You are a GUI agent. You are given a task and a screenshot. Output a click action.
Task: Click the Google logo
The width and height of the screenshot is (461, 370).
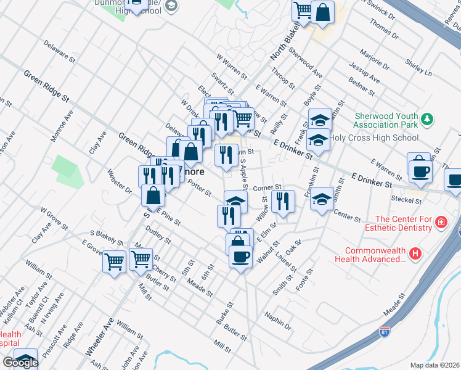[20, 362]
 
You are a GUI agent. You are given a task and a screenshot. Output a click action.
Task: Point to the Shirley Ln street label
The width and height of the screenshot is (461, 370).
[418, 67]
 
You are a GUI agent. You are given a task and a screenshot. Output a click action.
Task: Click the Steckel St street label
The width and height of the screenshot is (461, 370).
[405, 200]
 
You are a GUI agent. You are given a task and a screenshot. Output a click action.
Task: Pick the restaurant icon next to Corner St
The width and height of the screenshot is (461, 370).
[283, 200]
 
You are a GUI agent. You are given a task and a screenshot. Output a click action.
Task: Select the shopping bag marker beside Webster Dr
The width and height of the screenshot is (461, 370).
[153, 195]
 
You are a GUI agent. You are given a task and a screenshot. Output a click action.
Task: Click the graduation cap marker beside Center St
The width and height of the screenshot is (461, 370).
[321, 199]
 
